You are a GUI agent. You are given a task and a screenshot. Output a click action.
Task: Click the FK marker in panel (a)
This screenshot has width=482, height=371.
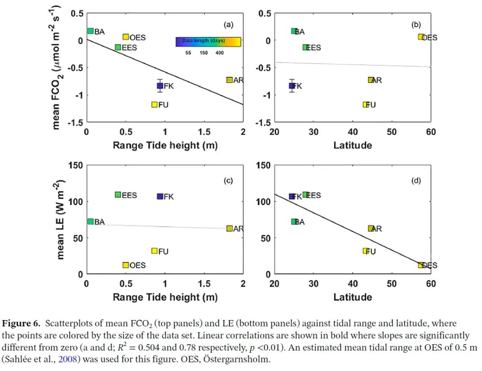click(x=160, y=86)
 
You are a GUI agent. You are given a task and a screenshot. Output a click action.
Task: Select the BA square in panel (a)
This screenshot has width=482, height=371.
click(x=90, y=31)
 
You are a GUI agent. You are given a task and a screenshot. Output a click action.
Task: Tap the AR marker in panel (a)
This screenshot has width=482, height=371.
click(x=229, y=80)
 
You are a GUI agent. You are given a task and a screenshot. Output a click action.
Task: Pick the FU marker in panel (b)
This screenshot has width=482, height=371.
click(x=366, y=104)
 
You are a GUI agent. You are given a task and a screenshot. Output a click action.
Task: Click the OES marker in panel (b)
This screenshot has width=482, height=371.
click(x=421, y=37)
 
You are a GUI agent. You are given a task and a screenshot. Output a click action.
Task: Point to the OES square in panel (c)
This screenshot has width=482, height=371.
click(x=126, y=265)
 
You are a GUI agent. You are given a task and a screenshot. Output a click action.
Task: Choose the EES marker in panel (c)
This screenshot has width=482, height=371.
click(x=118, y=195)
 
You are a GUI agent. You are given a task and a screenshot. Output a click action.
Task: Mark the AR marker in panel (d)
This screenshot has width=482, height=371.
click(x=370, y=229)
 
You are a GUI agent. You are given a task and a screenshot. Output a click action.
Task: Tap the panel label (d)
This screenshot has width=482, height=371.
click(x=416, y=181)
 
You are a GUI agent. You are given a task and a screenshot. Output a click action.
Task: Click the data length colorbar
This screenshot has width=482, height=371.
click(x=208, y=42)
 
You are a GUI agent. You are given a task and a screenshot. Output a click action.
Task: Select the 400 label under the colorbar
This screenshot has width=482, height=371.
click(x=220, y=53)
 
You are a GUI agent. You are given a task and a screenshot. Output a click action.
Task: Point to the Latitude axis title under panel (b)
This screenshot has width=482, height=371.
click(x=353, y=145)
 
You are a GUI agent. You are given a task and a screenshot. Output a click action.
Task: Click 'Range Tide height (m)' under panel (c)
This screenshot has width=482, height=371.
click(x=165, y=297)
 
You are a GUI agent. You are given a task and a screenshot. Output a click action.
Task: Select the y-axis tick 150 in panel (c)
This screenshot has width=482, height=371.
click(x=75, y=165)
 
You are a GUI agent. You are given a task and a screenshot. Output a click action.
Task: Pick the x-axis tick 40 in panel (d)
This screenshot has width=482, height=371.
click(x=353, y=284)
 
